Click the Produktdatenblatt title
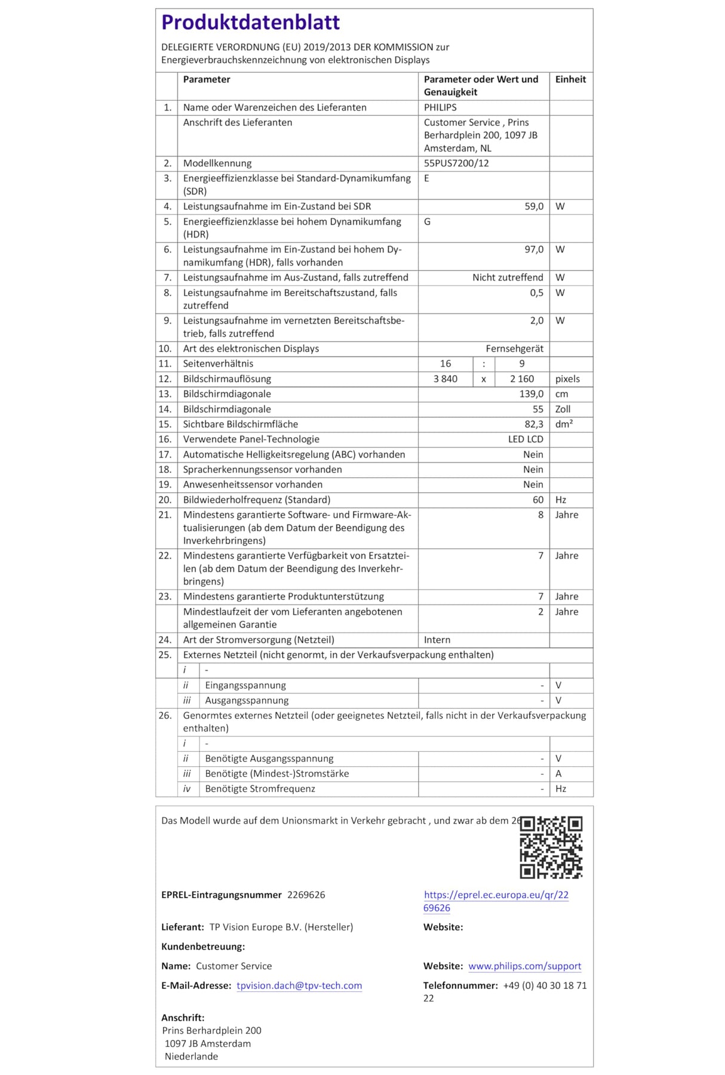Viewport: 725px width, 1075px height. [250, 23]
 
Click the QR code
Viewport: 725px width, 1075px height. [551, 847]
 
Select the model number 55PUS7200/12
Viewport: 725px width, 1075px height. [456, 163]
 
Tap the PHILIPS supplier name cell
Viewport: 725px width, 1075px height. [440, 107]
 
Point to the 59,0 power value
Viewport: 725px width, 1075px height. [534, 206]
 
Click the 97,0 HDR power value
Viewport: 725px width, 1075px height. [534, 249]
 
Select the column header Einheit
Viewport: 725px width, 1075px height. [570, 79]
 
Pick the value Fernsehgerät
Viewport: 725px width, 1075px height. [514, 348]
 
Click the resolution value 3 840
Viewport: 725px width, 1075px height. [446, 379]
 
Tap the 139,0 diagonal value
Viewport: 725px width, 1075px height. [531, 394]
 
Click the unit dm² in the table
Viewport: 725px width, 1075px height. [564, 424]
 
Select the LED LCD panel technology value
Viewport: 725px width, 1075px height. [526, 439]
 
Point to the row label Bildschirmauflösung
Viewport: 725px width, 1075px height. [227, 379]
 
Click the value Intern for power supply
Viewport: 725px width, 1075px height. [437, 640]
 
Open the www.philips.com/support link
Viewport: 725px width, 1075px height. [524, 966]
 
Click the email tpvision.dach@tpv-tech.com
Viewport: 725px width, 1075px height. [299, 985]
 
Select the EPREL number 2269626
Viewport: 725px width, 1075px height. [306, 895]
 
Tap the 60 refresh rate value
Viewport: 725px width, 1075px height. [538, 500]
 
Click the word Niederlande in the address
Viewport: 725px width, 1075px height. [191, 1056]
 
